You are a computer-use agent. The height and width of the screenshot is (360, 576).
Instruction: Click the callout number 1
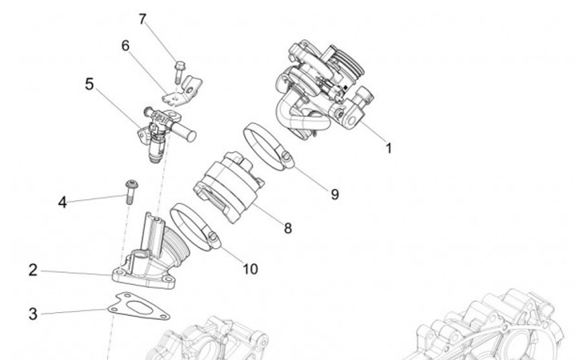point(389,148)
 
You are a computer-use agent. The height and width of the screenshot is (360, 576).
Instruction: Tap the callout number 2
point(33,270)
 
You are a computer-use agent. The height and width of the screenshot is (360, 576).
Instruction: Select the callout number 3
point(33,314)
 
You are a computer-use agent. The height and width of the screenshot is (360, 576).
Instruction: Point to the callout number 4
point(62,202)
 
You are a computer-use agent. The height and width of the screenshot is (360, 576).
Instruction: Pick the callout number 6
point(126,46)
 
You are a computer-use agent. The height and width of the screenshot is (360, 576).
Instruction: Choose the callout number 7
point(142,18)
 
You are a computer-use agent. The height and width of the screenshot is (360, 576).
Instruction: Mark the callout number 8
point(287,228)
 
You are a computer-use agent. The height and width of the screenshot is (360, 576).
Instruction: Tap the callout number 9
point(334,193)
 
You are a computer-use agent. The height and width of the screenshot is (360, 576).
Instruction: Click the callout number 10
point(250,269)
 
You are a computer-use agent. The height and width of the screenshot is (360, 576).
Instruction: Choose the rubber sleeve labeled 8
point(230,184)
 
